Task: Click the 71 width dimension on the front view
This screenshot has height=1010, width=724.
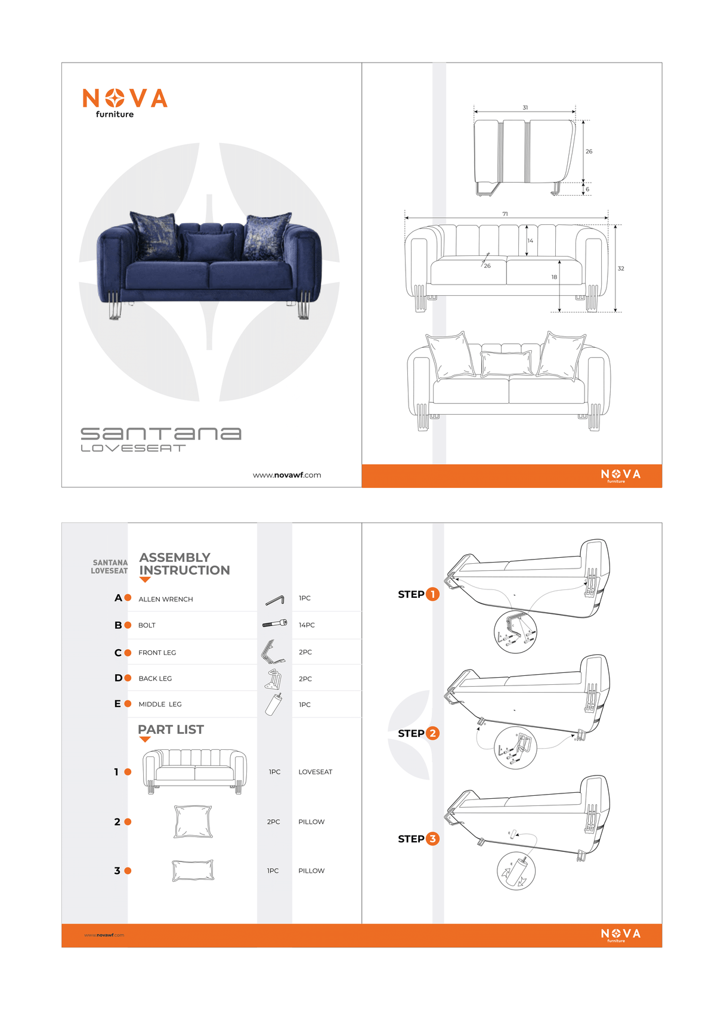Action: [x=505, y=214]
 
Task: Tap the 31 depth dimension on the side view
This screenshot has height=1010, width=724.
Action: [x=525, y=108]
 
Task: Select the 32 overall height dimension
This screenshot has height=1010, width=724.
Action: [x=621, y=268]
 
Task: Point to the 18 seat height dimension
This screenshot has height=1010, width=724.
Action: [x=554, y=277]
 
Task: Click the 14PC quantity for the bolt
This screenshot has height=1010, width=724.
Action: [x=307, y=625]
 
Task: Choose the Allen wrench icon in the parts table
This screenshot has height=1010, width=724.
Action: [x=274, y=600]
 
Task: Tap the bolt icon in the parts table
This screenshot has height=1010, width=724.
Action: [x=274, y=624]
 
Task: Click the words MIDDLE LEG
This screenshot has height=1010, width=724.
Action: [x=160, y=705]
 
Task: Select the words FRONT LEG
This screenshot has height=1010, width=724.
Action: [x=157, y=653]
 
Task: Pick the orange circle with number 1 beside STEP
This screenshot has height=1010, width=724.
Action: [x=433, y=594]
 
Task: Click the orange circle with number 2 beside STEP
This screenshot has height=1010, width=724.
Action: [x=433, y=733]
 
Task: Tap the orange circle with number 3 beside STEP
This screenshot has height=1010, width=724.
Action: [x=433, y=839]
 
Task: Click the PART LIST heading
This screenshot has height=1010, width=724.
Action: [x=171, y=730]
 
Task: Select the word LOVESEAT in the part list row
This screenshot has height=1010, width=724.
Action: [x=315, y=772]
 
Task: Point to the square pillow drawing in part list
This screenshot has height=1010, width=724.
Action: [x=193, y=821]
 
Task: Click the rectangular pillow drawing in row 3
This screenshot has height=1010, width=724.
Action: [x=193, y=870]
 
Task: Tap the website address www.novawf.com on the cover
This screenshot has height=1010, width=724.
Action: [x=287, y=475]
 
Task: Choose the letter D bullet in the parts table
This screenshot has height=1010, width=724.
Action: [x=118, y=678]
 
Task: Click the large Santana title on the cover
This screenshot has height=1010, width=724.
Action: [x=161, y=433]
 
